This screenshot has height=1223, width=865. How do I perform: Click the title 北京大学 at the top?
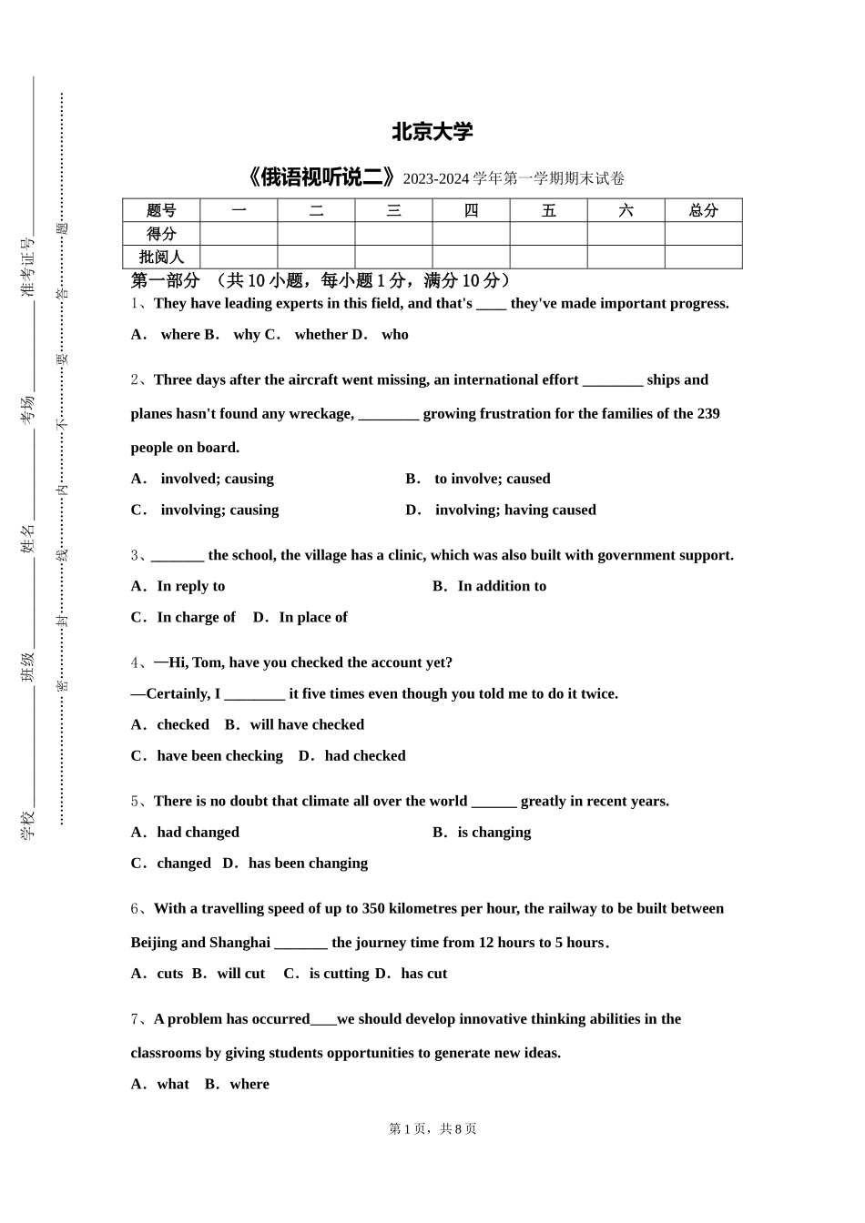pyautogui.click(x=432, y=133)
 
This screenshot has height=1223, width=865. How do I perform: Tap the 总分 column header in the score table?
pyautogui.click(x=703, y=210)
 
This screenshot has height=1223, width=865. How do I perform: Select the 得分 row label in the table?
pyautogui.click(x=161, y=234)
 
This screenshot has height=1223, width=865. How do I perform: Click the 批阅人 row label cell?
pyautogui.click(x=161, y=258)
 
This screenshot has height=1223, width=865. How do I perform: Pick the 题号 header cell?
pyautogui.click(x=161, y=210)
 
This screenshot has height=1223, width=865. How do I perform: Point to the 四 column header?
pyautogui.click(x=471, y=210)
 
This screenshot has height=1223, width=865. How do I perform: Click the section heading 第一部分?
pyautogui.click(x=165, y=280)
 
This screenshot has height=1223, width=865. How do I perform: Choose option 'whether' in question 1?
pyautogui.click(x=321, y=335)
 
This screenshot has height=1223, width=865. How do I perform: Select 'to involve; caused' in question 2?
pyautogui.click(x=492, y=479)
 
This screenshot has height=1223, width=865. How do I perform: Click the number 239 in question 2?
pyautogui.click(x=708, y=414)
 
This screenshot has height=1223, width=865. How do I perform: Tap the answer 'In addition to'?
pyautogui.click(x=502, y=586)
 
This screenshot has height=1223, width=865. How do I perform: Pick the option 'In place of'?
pyautogui.click(x=312, y=617)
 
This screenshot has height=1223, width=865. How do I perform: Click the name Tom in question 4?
pyautogui.click(x=207, y=662)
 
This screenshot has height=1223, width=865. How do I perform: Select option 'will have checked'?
pyautogui.click(x=307, y=724)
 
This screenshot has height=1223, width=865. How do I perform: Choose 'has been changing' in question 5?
pyautogui.click(x=308, y=863)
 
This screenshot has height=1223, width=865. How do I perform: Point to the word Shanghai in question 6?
pyautogui.click(x=239, y=943)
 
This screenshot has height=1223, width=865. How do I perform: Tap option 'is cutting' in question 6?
pyautogui.click(x=339, y=974)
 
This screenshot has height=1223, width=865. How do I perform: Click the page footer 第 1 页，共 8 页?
pyautogui.click(x=432, y=1128)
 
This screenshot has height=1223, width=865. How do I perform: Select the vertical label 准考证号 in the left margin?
pyautogui.click(x=27, y=267)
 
